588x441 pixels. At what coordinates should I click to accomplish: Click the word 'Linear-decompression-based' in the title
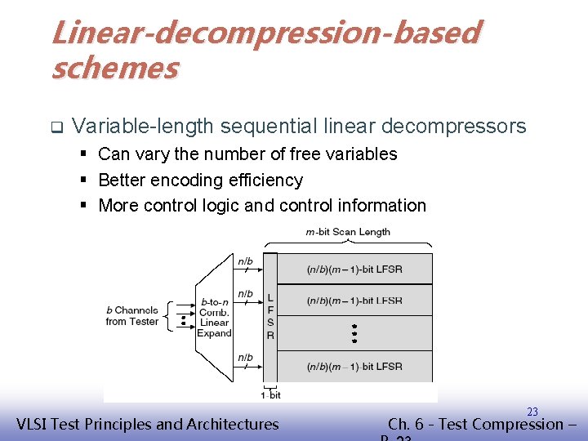pos(265,33)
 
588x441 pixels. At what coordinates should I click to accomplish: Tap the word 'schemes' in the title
pos(114,68)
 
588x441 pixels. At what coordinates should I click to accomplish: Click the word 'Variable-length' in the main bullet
pos(142,127)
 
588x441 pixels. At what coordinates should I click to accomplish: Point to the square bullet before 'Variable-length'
pos(56,127)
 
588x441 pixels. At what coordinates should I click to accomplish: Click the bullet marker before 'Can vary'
pos(84,154)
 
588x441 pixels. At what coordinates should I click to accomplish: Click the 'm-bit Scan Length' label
pos(348,232)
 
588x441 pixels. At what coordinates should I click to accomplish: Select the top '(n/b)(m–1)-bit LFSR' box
pos(354,269)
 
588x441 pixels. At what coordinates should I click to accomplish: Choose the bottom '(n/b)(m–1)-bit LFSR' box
pos(354,367)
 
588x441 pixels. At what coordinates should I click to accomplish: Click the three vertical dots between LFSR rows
pos(354,332)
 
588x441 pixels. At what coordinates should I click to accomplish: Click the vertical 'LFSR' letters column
pos(270,317)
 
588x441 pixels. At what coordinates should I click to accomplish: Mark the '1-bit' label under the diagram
pos(270,394)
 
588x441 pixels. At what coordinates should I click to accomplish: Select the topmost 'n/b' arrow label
pos(245,262)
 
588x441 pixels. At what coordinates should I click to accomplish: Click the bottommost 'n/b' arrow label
pos(245,358)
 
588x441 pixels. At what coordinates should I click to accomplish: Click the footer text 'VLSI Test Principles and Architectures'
pos(148,424)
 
